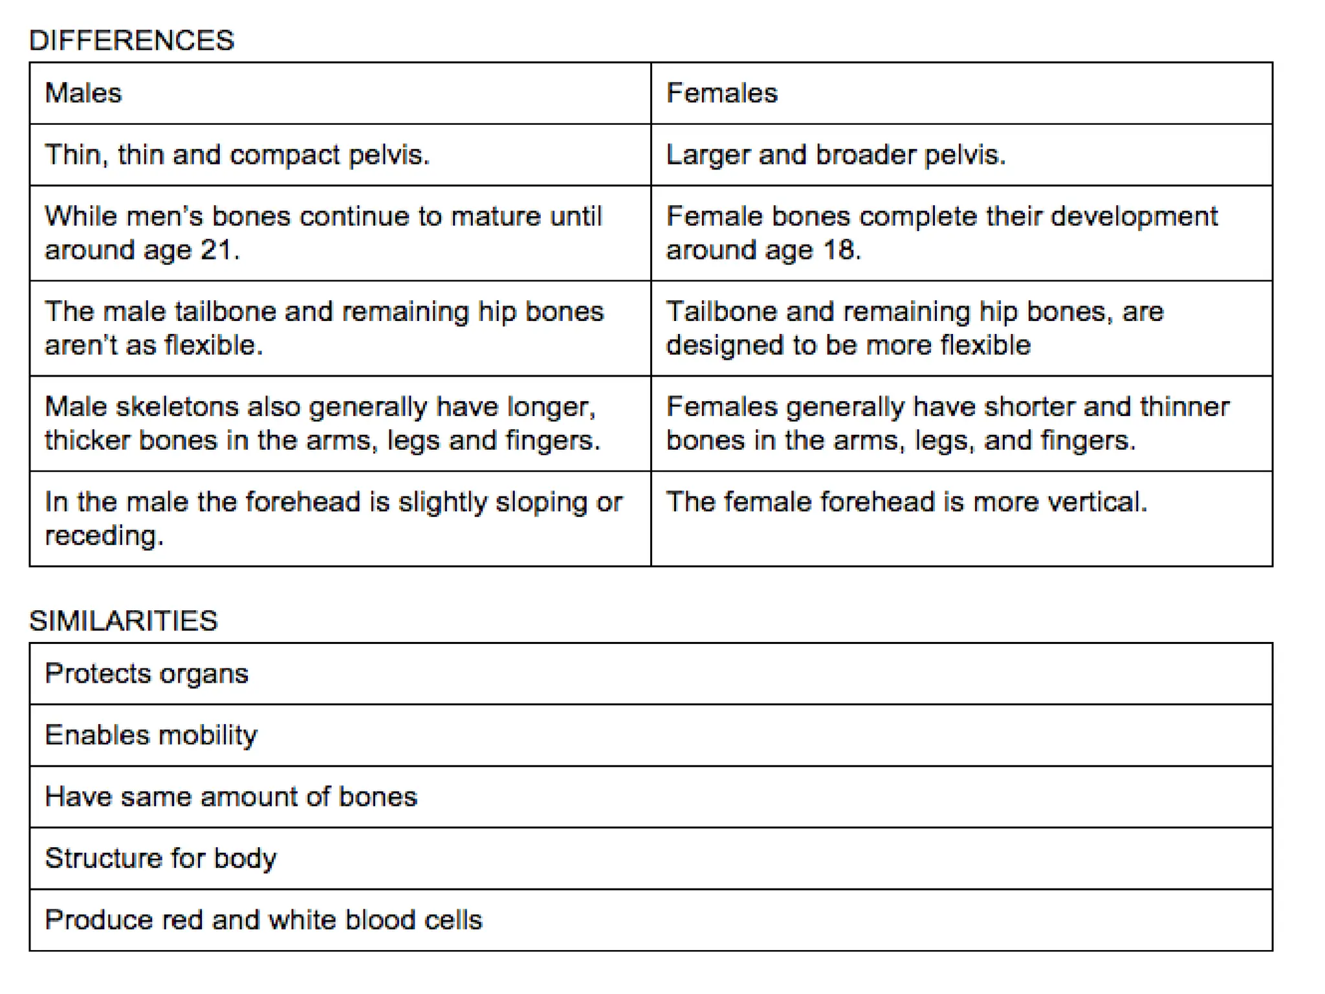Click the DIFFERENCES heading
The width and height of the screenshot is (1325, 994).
pos(131,40)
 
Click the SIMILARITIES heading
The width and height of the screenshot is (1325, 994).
pos(124,621)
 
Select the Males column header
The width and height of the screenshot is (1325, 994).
pos(83,93)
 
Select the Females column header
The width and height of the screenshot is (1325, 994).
pos(721,93)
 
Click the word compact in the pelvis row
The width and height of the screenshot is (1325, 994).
pos(285,155)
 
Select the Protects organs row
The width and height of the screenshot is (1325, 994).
pos(146,674)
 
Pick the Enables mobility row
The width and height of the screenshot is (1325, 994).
pos(151,735)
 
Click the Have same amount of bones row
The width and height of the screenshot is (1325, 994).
pos(231,797)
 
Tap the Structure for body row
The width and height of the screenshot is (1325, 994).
pos(160,858)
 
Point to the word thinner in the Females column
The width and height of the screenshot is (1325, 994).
pos(1184,407)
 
